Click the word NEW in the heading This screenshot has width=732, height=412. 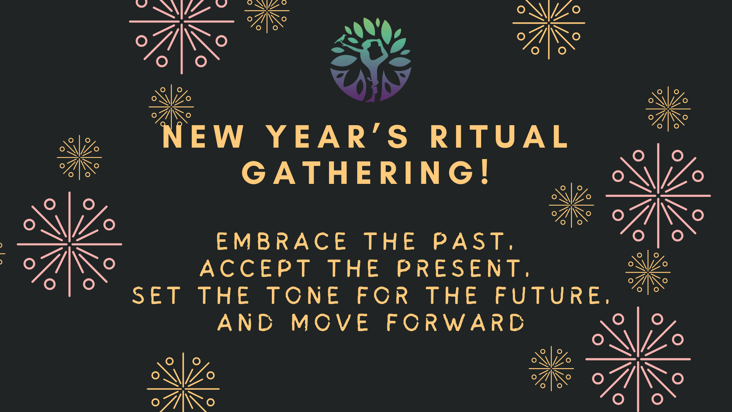click(x=203, y=137)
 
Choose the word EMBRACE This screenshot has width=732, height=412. click(x=281, y=241)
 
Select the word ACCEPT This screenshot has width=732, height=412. click(x=255, y=269)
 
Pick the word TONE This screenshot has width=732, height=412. click(x=303, y=296)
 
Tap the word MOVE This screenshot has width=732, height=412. click(x=330, y=323)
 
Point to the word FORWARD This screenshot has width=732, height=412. click(x=456, y=323)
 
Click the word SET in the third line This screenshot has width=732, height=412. click(x=156, y=296)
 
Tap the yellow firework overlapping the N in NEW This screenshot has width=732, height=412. click(x=171, y=107)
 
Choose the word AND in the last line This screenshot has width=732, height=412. click(x=245, y=323)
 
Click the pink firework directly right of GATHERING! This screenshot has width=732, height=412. click(x=658, y=196)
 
